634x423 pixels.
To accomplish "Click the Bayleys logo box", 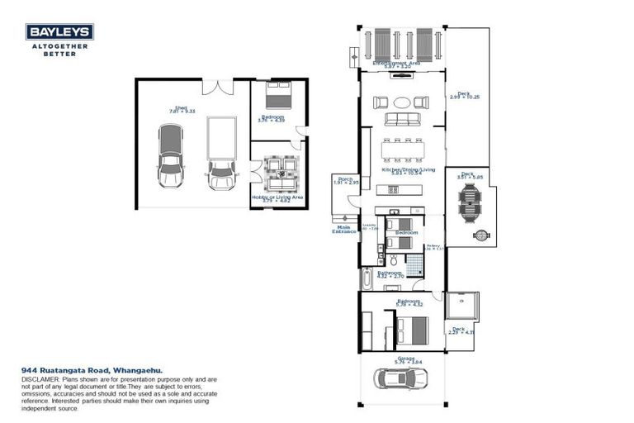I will (x=59, y=32).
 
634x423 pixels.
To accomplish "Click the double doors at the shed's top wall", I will (x=212, y=85).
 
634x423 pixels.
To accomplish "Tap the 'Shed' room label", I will (x=174, y=107).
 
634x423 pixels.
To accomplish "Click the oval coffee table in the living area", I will (x=402, y=102).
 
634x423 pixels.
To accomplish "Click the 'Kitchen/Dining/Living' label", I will (x=402, y=169).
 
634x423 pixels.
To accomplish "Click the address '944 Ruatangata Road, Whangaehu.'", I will (x=92, y=370).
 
